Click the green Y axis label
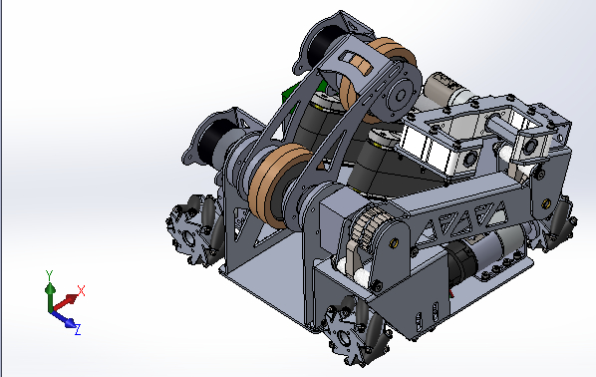[x=49, y=274]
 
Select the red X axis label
[x=81, y=290]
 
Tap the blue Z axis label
[x=78, y=329]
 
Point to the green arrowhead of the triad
[x=50, y=288]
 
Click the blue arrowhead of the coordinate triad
[x=71, y=323]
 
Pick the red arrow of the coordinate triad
[x=66, y=302]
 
